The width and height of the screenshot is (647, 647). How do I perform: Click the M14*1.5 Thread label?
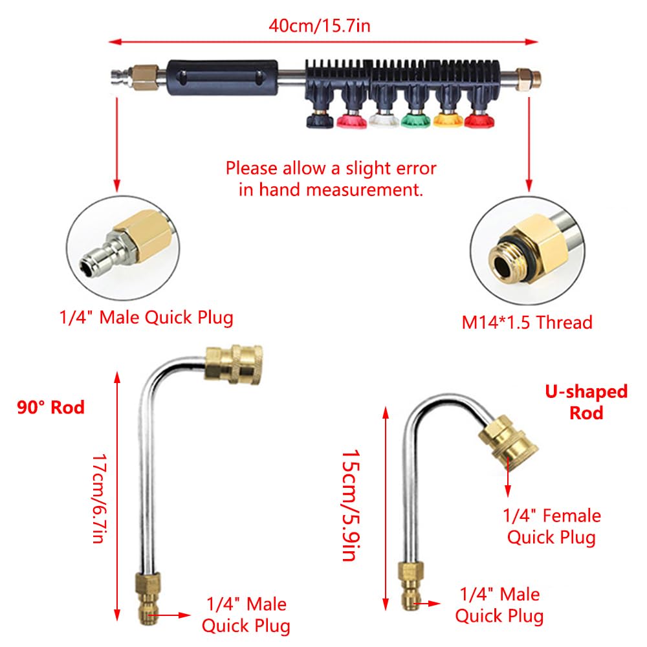pyautogui.click(x=527, y=322)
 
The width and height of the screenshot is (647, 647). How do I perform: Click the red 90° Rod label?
pyautogui.click(x=51, y=408)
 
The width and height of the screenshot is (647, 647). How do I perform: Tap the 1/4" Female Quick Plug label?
pyautogui.click(x=552, y=526)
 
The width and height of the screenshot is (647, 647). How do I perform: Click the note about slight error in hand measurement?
pyautogui.click(x=331, y=179)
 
